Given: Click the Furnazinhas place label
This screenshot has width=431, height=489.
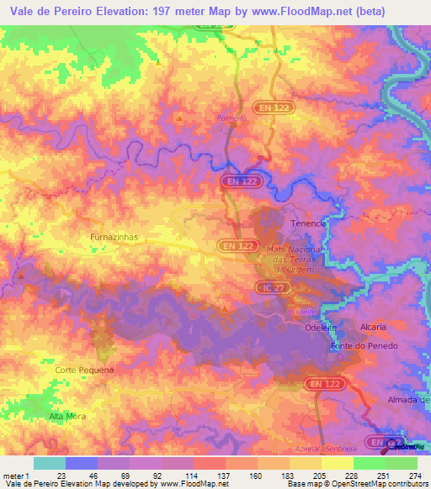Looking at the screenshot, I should tap(113, 238).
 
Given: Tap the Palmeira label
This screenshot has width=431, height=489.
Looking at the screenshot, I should tap(231, 118).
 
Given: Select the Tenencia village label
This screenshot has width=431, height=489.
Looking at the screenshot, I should tap(307, 223).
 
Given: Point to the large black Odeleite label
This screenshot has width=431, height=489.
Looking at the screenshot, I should tap(320, 329).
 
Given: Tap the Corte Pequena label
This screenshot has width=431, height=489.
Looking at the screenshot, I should tap(83, 370).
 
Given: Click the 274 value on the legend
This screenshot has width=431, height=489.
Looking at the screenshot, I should tap(413, 476).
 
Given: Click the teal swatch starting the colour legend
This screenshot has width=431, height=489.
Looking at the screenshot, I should tap(49, 463).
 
